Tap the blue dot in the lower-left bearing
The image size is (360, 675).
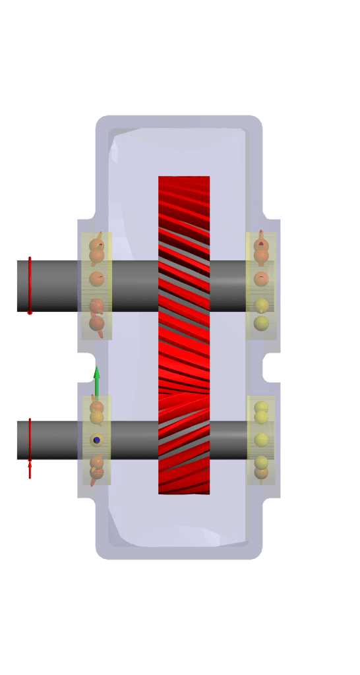point(97,440)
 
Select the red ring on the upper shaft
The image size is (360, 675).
point(30,285)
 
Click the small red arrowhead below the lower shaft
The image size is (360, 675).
point(30,467)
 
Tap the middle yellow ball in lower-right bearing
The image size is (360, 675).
point(262,440)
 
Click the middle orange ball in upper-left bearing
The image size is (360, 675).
point(97,279)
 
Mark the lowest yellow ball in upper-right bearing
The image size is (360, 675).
point(262,323)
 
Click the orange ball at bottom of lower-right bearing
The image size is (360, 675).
point(262,473)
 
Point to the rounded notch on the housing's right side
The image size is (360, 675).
point(270,367)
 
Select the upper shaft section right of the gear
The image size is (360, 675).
point(227,285)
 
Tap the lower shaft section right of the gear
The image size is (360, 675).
point(227,440)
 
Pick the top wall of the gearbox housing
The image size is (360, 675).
point(179,122)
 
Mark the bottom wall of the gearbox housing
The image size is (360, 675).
point(179,552)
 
